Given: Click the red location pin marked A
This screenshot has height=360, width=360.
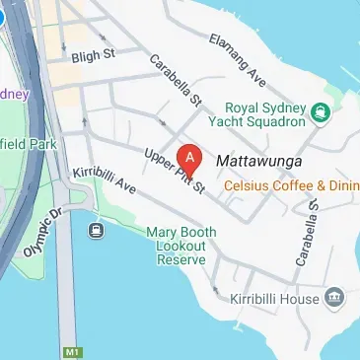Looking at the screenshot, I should (x=188, y=158).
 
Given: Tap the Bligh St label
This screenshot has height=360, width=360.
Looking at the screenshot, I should (x=95, y=58).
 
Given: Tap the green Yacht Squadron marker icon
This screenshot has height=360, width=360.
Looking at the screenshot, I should (x=320, y=113).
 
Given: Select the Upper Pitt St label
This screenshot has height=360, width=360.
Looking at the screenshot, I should (x=174, y=169).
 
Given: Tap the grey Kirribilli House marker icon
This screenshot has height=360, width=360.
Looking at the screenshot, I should (x=334, y=297).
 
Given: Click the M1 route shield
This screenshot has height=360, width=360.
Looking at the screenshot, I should (x=70, y=351).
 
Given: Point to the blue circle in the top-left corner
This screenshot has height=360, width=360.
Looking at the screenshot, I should (x=4, y=16).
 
